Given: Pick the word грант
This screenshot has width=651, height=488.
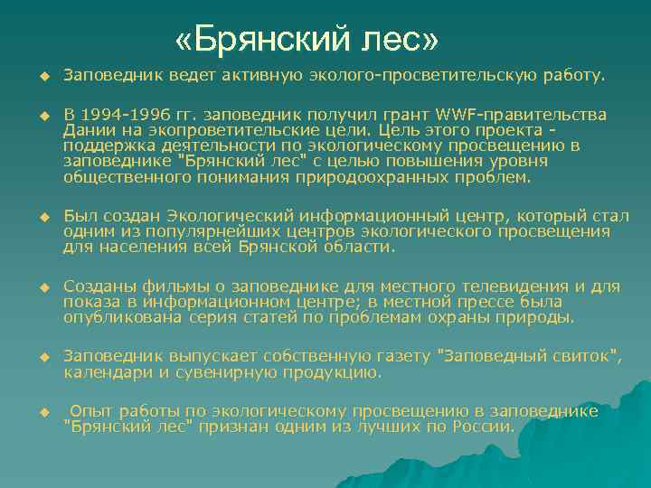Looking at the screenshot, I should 404,117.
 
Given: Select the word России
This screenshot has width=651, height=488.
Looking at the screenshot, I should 482,427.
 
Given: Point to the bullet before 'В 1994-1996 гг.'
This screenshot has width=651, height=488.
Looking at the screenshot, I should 42,117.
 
